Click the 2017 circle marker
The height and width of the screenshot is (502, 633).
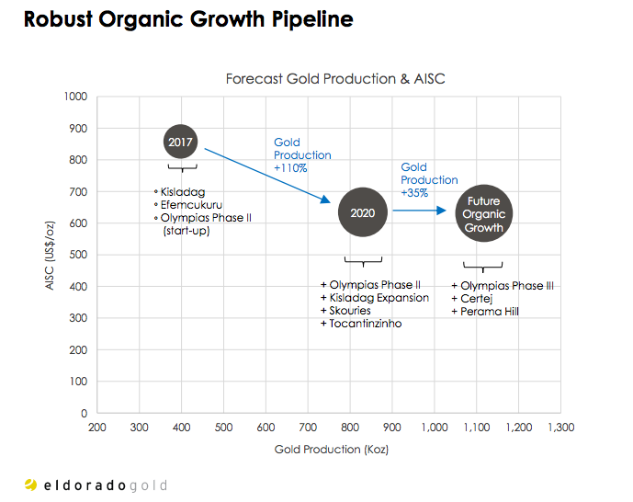click(x=182, y=142)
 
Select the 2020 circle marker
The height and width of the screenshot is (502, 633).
click(x=363, y=212)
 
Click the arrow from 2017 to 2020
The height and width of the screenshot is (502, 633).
click(x=266, y=176)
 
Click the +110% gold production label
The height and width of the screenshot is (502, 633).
click(x=302, y=155)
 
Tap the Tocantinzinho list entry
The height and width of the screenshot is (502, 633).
click(x=365, y=324)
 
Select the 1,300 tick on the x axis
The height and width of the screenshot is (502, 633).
click(x=560, y=428)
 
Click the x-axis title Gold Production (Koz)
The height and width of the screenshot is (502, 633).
click(x=329, y=450)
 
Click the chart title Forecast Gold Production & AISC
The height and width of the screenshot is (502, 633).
click(x=335, y=79)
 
